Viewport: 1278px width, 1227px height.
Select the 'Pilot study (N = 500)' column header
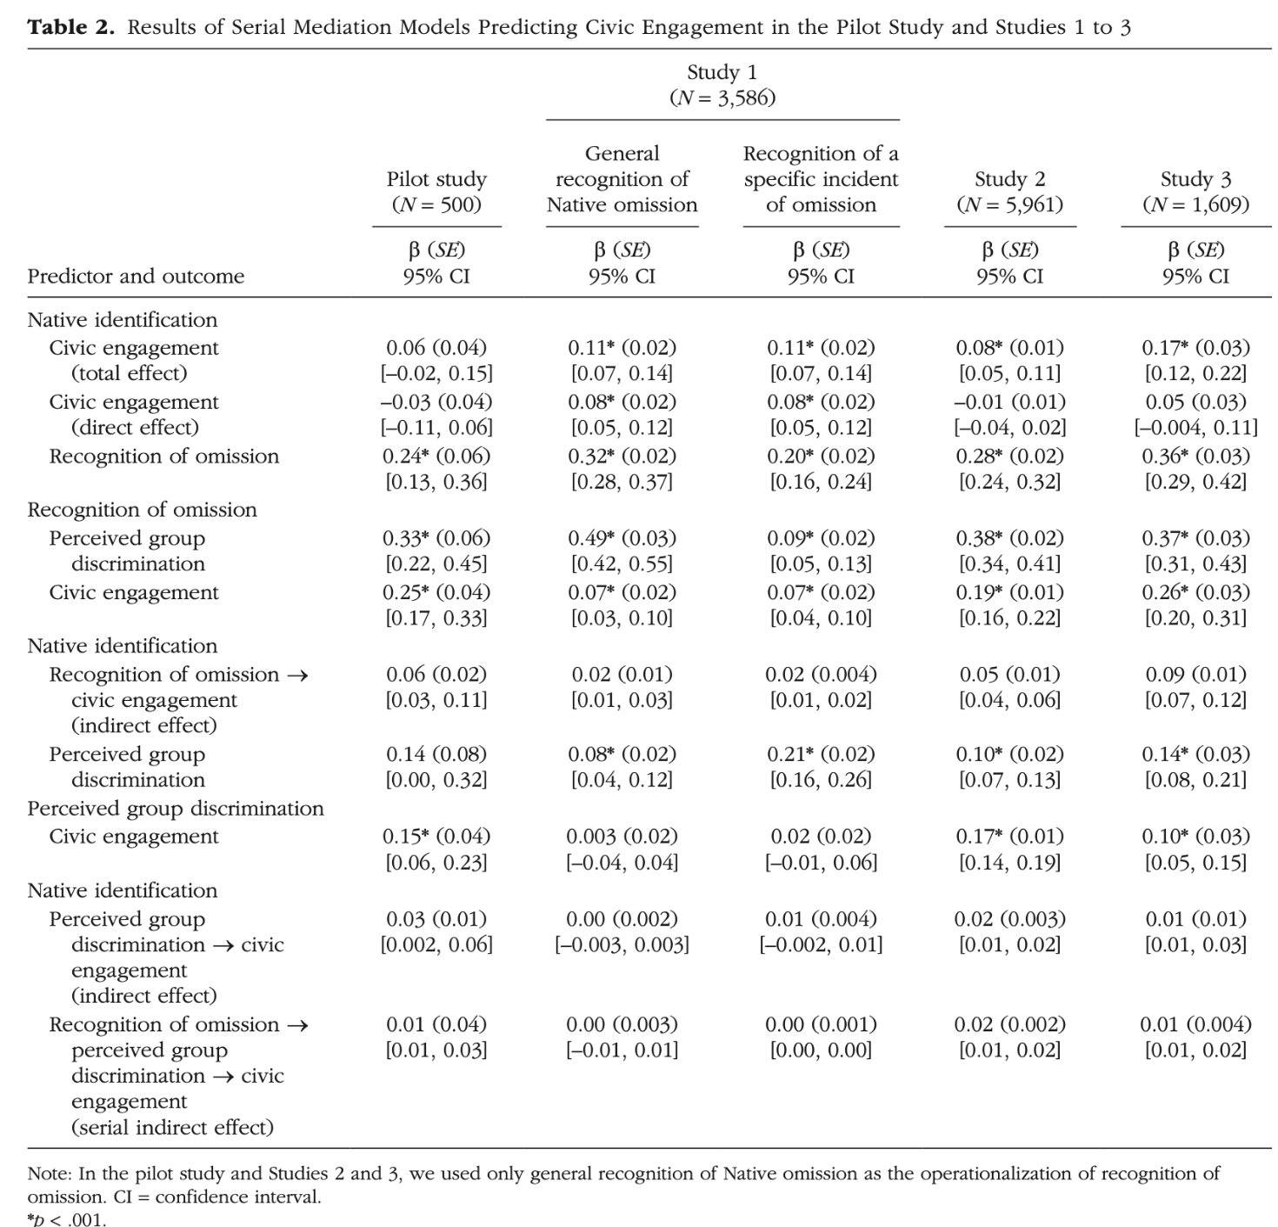click(x=436, y=192)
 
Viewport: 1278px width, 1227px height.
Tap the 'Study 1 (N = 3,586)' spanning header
click(x=722, y=84)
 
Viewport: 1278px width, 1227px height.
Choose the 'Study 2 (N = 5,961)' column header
click(x=1010, y=192)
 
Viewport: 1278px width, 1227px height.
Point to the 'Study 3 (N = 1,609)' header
click(x=1196, y=192)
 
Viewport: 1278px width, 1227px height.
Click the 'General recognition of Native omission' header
click(x=622, y=179)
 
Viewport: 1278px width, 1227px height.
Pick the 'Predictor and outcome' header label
click(x=136, y=276)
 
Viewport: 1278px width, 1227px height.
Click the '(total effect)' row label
click(x=130, y=373)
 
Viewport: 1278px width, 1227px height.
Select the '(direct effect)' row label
click(x=136, y=428)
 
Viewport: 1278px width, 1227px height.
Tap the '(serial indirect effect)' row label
click(x=172, y=1127)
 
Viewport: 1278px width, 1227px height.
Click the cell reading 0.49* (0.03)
click(x=622, y=538)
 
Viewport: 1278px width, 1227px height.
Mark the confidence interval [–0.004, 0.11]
click(x=1196, y=428)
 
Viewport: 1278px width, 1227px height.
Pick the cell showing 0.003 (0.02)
click(x=622, y=837)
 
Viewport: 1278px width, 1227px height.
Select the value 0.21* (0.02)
click(x=821, y=754)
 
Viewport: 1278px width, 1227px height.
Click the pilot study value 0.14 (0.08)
click(x=436, y=754)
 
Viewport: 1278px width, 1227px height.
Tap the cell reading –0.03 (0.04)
click(x=436, y=402)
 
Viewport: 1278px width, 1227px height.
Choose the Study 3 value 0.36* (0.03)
click(x=1196, y=456)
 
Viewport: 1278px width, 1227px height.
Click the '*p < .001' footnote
click(x=66, y=1219)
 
